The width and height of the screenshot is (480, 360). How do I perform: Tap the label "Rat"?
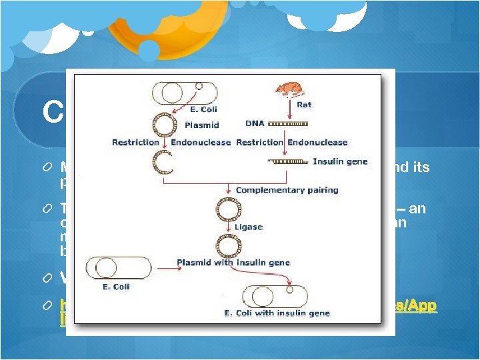point(304,104)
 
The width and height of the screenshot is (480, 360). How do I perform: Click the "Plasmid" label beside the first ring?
point(198,124)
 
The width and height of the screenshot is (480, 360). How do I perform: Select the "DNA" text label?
point(255,124)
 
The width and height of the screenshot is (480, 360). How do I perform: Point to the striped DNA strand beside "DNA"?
point(288,125)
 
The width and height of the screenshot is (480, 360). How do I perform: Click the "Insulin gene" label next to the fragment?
point(340,162)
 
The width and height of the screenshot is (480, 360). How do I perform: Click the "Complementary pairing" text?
point(287,190)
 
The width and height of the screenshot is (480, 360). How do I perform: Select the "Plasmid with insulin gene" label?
point(233,263)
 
